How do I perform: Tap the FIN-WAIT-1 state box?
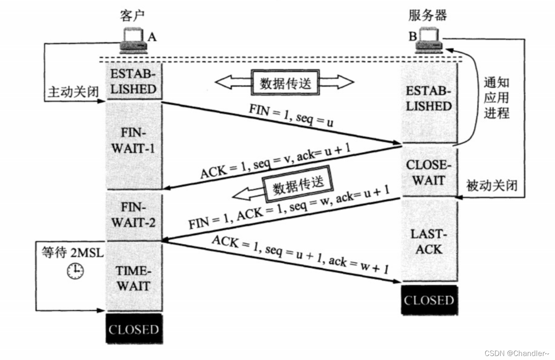[x=134, y=141]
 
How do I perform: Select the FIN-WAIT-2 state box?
[x=134, y=215]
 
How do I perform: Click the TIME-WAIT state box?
[x=134, y=278]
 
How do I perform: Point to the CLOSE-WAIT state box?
[x=429, y=172]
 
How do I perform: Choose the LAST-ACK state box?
[x=429, y=242]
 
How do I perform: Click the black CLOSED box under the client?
[x=134, y=329]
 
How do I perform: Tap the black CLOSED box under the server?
[x=429, y=300]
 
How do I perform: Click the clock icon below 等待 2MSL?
[x=75, y=271]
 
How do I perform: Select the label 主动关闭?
[x=73, y=92]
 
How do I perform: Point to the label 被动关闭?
[x=492, y=186]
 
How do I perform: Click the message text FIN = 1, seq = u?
[x=291, y=115]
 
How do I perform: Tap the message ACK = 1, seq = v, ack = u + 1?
[x=275, y=160]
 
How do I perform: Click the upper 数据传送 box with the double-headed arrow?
[x=285, y=83]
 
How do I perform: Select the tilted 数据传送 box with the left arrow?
[x=298, y=184]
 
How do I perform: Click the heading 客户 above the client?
[x=132, y=16]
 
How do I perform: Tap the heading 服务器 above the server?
[x=427, y=15]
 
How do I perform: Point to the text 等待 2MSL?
[x=72, y=253]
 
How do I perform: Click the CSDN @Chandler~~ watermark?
[x=517, y=353]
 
